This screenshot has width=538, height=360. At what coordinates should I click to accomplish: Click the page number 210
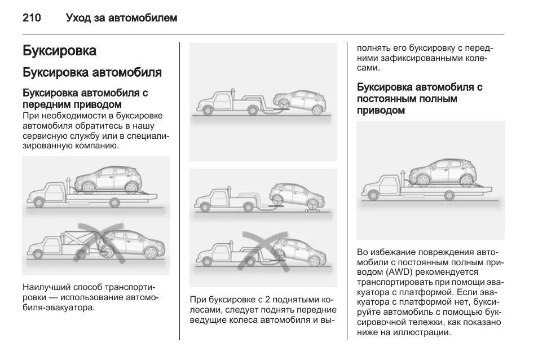[32, 19]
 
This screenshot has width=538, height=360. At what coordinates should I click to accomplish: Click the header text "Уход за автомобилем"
[121, 19]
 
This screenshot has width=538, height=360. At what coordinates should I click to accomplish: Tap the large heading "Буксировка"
[59, 51]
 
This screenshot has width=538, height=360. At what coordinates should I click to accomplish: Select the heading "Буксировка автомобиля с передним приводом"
[85, 98]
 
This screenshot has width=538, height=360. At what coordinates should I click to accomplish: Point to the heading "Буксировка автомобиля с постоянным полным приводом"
[420, 99]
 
